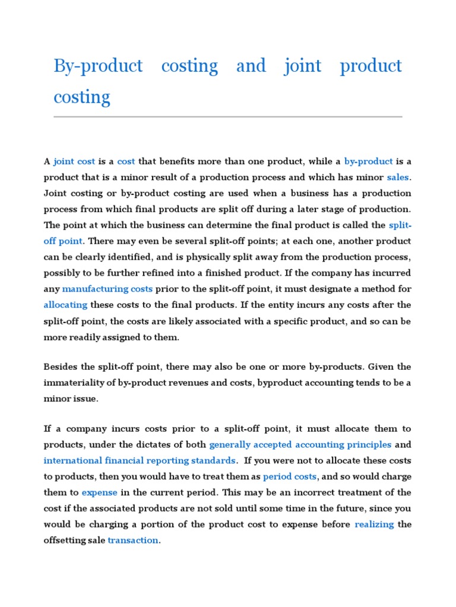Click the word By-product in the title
click(x=98, y=66)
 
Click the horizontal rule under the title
click(x=227, y=117)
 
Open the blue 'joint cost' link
click(x=74, y=161)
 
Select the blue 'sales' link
click(x=398, y=177)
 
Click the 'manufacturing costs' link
click(x=107, y=289)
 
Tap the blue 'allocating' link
click(x=65, y=305)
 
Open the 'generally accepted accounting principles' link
click(x=300, y=445)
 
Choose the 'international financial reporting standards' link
click(x=140, y=461)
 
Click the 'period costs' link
click(x=290, y=477)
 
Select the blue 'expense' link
click(x=99, y=493)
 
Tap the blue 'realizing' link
click(x=374, y=525)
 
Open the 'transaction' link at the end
click(x=133, y=541)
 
